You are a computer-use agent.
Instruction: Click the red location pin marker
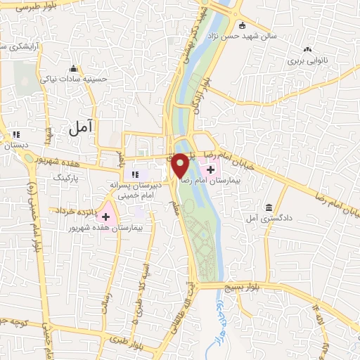[179, 165]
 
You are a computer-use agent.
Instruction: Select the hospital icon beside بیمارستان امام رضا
[211, 169]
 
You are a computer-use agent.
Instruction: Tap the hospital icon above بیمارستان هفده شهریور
[107, 217]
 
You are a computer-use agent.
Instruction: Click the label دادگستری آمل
[269, 219]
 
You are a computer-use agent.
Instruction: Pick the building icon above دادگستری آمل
[269, 207]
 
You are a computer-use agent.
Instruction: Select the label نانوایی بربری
[307, 60]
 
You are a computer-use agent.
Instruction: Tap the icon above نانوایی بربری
[307, 49]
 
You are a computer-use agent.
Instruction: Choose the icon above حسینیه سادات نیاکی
[73, 68]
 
